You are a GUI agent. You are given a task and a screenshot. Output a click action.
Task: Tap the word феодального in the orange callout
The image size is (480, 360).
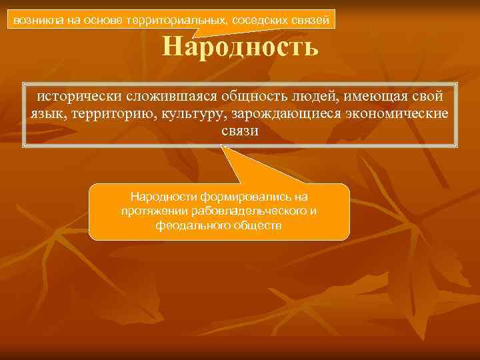pos(189,225)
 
